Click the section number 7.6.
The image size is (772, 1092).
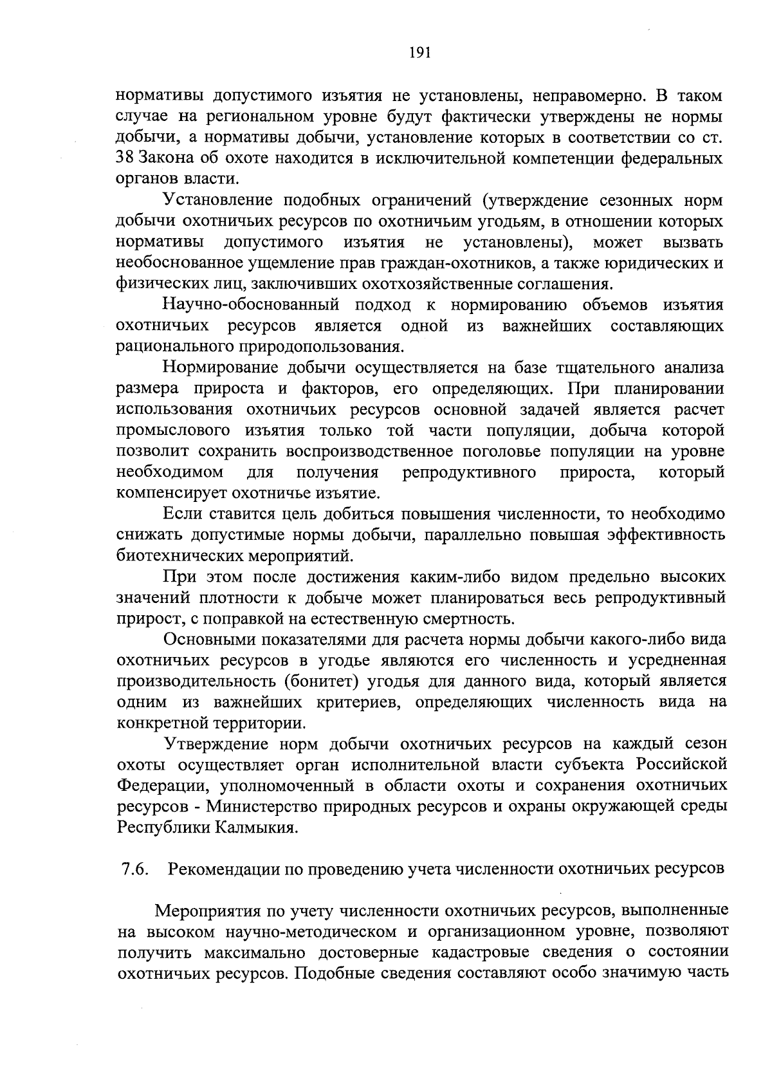pos(136,869)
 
